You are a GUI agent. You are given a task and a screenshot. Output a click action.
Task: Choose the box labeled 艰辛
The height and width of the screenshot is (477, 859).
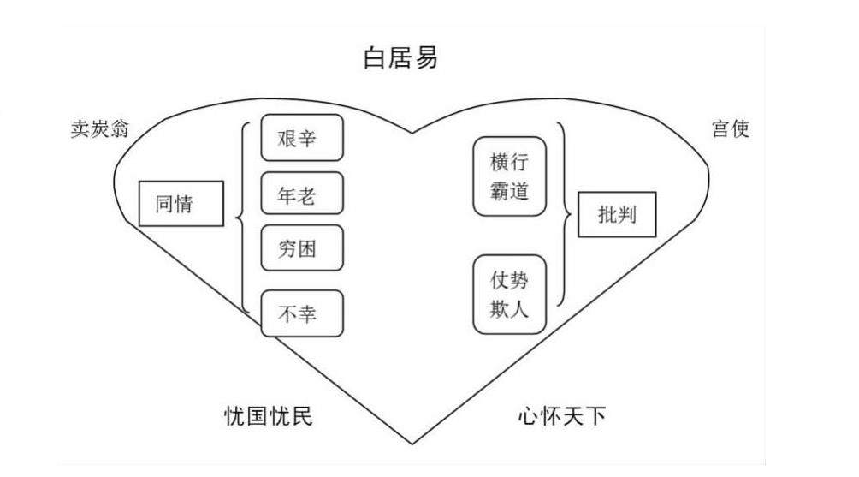(x=301, y=138)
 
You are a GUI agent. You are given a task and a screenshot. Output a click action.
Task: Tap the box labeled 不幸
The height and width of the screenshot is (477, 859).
(x=301, y=313)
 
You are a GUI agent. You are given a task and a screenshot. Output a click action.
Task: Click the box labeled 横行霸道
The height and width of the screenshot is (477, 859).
(x=509, y=176)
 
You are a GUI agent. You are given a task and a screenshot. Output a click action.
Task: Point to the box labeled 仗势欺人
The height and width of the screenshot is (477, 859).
(x=509, y=295)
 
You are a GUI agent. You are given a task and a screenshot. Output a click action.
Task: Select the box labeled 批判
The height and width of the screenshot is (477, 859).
(x=617, y=214)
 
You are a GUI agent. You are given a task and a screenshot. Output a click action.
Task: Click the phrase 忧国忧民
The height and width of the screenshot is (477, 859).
(x=264, y=417)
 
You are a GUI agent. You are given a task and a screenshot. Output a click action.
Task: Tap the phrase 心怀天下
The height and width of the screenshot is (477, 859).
(x=561, y=417)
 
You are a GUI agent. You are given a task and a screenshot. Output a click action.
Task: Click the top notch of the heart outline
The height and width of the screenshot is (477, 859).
(x=412, y=134)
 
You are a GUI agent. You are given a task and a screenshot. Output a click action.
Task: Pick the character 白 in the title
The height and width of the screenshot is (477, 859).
(x=373, y=59)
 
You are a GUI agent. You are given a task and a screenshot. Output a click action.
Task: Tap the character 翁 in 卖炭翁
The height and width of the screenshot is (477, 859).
(x=129, y=130)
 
